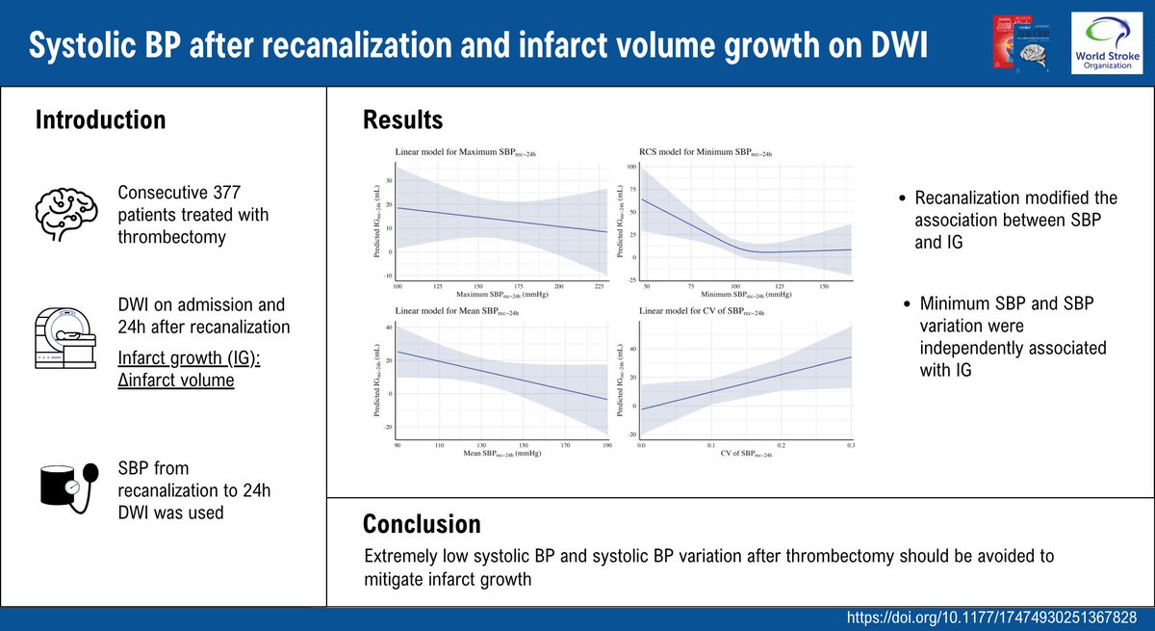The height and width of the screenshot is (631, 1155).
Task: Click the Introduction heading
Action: [x=100, y=120]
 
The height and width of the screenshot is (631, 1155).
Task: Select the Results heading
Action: [x=402, y=120]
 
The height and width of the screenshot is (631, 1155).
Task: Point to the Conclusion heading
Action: [x=421, y=524]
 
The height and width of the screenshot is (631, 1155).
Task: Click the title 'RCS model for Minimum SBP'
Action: [x=706, y=151]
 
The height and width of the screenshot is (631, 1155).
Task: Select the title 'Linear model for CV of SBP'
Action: [x=705, y=310]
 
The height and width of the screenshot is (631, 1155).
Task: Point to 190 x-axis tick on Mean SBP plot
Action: [x=606, y=445]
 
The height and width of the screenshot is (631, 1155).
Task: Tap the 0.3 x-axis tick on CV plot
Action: [x=850, y=445]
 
